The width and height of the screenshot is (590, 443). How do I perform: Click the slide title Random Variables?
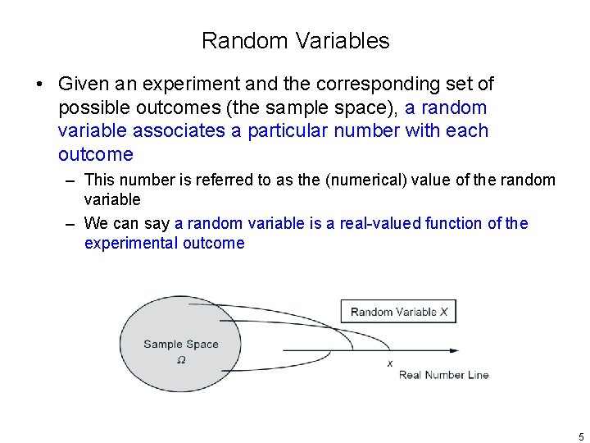pyautogui.click(x=295, y=40)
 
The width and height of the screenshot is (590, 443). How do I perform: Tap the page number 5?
pyautogui.click(x=581, y=436)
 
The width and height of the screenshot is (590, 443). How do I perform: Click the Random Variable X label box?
pyautogui.click(x=398, y=312)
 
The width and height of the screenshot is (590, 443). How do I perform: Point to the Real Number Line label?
pyautogui.click(x=443, y=375)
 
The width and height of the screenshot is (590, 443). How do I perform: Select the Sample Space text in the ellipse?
pyautogui.click(x=180, y=345)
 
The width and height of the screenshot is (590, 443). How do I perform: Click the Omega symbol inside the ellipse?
pyautogui.click(x=180, y=359)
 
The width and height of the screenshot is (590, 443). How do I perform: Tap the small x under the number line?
pyautogui.click(x=389, y=363)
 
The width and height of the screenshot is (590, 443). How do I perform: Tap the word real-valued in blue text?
pyautogui.click(x=371, y=223)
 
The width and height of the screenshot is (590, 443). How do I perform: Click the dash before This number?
pyautogui.click(x=72, y=180)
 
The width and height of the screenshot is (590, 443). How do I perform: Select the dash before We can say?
pyautogui.click(x=72, y=224)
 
